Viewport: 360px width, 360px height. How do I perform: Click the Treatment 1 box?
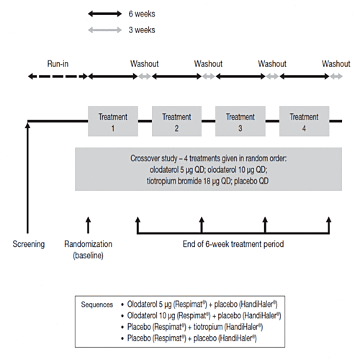coord(113,121)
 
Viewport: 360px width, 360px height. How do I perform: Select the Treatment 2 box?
coord(176,121)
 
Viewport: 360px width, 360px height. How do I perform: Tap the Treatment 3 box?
coord(240,121)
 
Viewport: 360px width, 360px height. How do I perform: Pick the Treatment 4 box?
coord(304,121)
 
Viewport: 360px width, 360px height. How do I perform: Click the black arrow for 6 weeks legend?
coord(105,14)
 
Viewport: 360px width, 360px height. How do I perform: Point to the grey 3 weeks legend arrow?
coord(105,30)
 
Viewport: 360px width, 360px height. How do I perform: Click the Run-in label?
coord(58,64)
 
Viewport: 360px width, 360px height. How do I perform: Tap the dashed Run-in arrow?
coord(58,76)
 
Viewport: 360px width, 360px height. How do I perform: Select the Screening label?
coord(29,244)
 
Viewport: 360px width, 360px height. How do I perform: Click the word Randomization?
coord(88,244)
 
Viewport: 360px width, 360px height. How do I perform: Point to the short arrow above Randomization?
coord(89,225)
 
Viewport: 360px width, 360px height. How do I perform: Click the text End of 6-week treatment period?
coord(233,244)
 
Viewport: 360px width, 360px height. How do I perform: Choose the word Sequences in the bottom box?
coord(97,305)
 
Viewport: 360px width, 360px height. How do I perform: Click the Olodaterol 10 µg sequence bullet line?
coord(201,315)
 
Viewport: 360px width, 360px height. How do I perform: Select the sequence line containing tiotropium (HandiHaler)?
coord(192,327)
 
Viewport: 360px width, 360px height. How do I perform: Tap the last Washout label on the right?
coord(336,64)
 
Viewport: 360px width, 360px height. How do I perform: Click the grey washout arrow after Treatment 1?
coord(145,76)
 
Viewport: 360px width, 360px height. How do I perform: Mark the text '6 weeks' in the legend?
coord(142,14)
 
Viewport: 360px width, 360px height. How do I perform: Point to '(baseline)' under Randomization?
coord(88,256)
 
